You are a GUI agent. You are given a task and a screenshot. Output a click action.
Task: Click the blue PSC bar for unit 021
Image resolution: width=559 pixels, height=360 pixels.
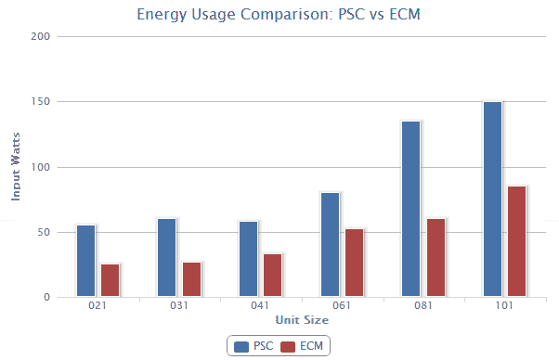click(86, 261)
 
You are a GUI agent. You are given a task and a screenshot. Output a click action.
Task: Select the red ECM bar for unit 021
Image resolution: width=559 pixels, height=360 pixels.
click(110, 280)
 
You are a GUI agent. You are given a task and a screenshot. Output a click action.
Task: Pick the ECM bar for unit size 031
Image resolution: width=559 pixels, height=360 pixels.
click(191, 279)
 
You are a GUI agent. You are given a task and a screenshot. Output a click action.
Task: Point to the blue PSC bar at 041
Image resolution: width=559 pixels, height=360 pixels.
click(248, 259)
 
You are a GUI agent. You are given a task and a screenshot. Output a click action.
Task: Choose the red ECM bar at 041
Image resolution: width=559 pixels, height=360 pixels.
click(272, 276)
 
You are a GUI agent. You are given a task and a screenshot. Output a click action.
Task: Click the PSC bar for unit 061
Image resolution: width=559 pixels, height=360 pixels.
click(330, 245)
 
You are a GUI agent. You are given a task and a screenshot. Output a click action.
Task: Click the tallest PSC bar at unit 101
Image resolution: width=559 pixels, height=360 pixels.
click(492, 199)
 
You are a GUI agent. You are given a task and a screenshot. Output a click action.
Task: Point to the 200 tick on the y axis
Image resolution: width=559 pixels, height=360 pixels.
click(41, 36)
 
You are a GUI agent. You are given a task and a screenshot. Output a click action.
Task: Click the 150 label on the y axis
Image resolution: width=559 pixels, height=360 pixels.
click(41, 101)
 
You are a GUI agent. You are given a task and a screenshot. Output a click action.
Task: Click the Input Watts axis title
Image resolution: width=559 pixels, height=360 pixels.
click(16, 167)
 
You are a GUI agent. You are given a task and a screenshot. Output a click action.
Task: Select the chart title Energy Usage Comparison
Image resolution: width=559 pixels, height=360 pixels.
click(279, 14)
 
